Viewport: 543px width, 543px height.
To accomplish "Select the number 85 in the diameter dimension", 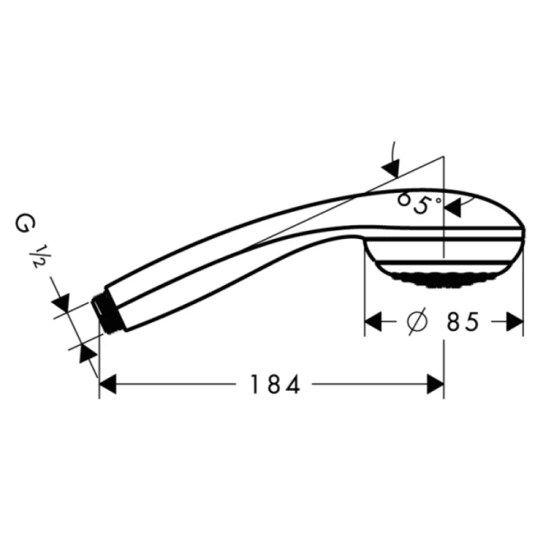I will click(x=461, y=322).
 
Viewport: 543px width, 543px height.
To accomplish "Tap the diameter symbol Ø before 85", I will click(x=416, y=322).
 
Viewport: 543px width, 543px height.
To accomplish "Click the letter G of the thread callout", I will click(x=22, y=222).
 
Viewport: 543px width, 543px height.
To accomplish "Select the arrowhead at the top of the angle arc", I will click(x=392, y=168).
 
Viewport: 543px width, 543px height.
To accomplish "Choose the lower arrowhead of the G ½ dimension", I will click(x=89, y=354).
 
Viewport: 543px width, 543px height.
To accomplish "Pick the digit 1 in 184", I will click(x=256, y=386).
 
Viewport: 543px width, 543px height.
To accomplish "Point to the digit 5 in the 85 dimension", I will click(x=472, y=322).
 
